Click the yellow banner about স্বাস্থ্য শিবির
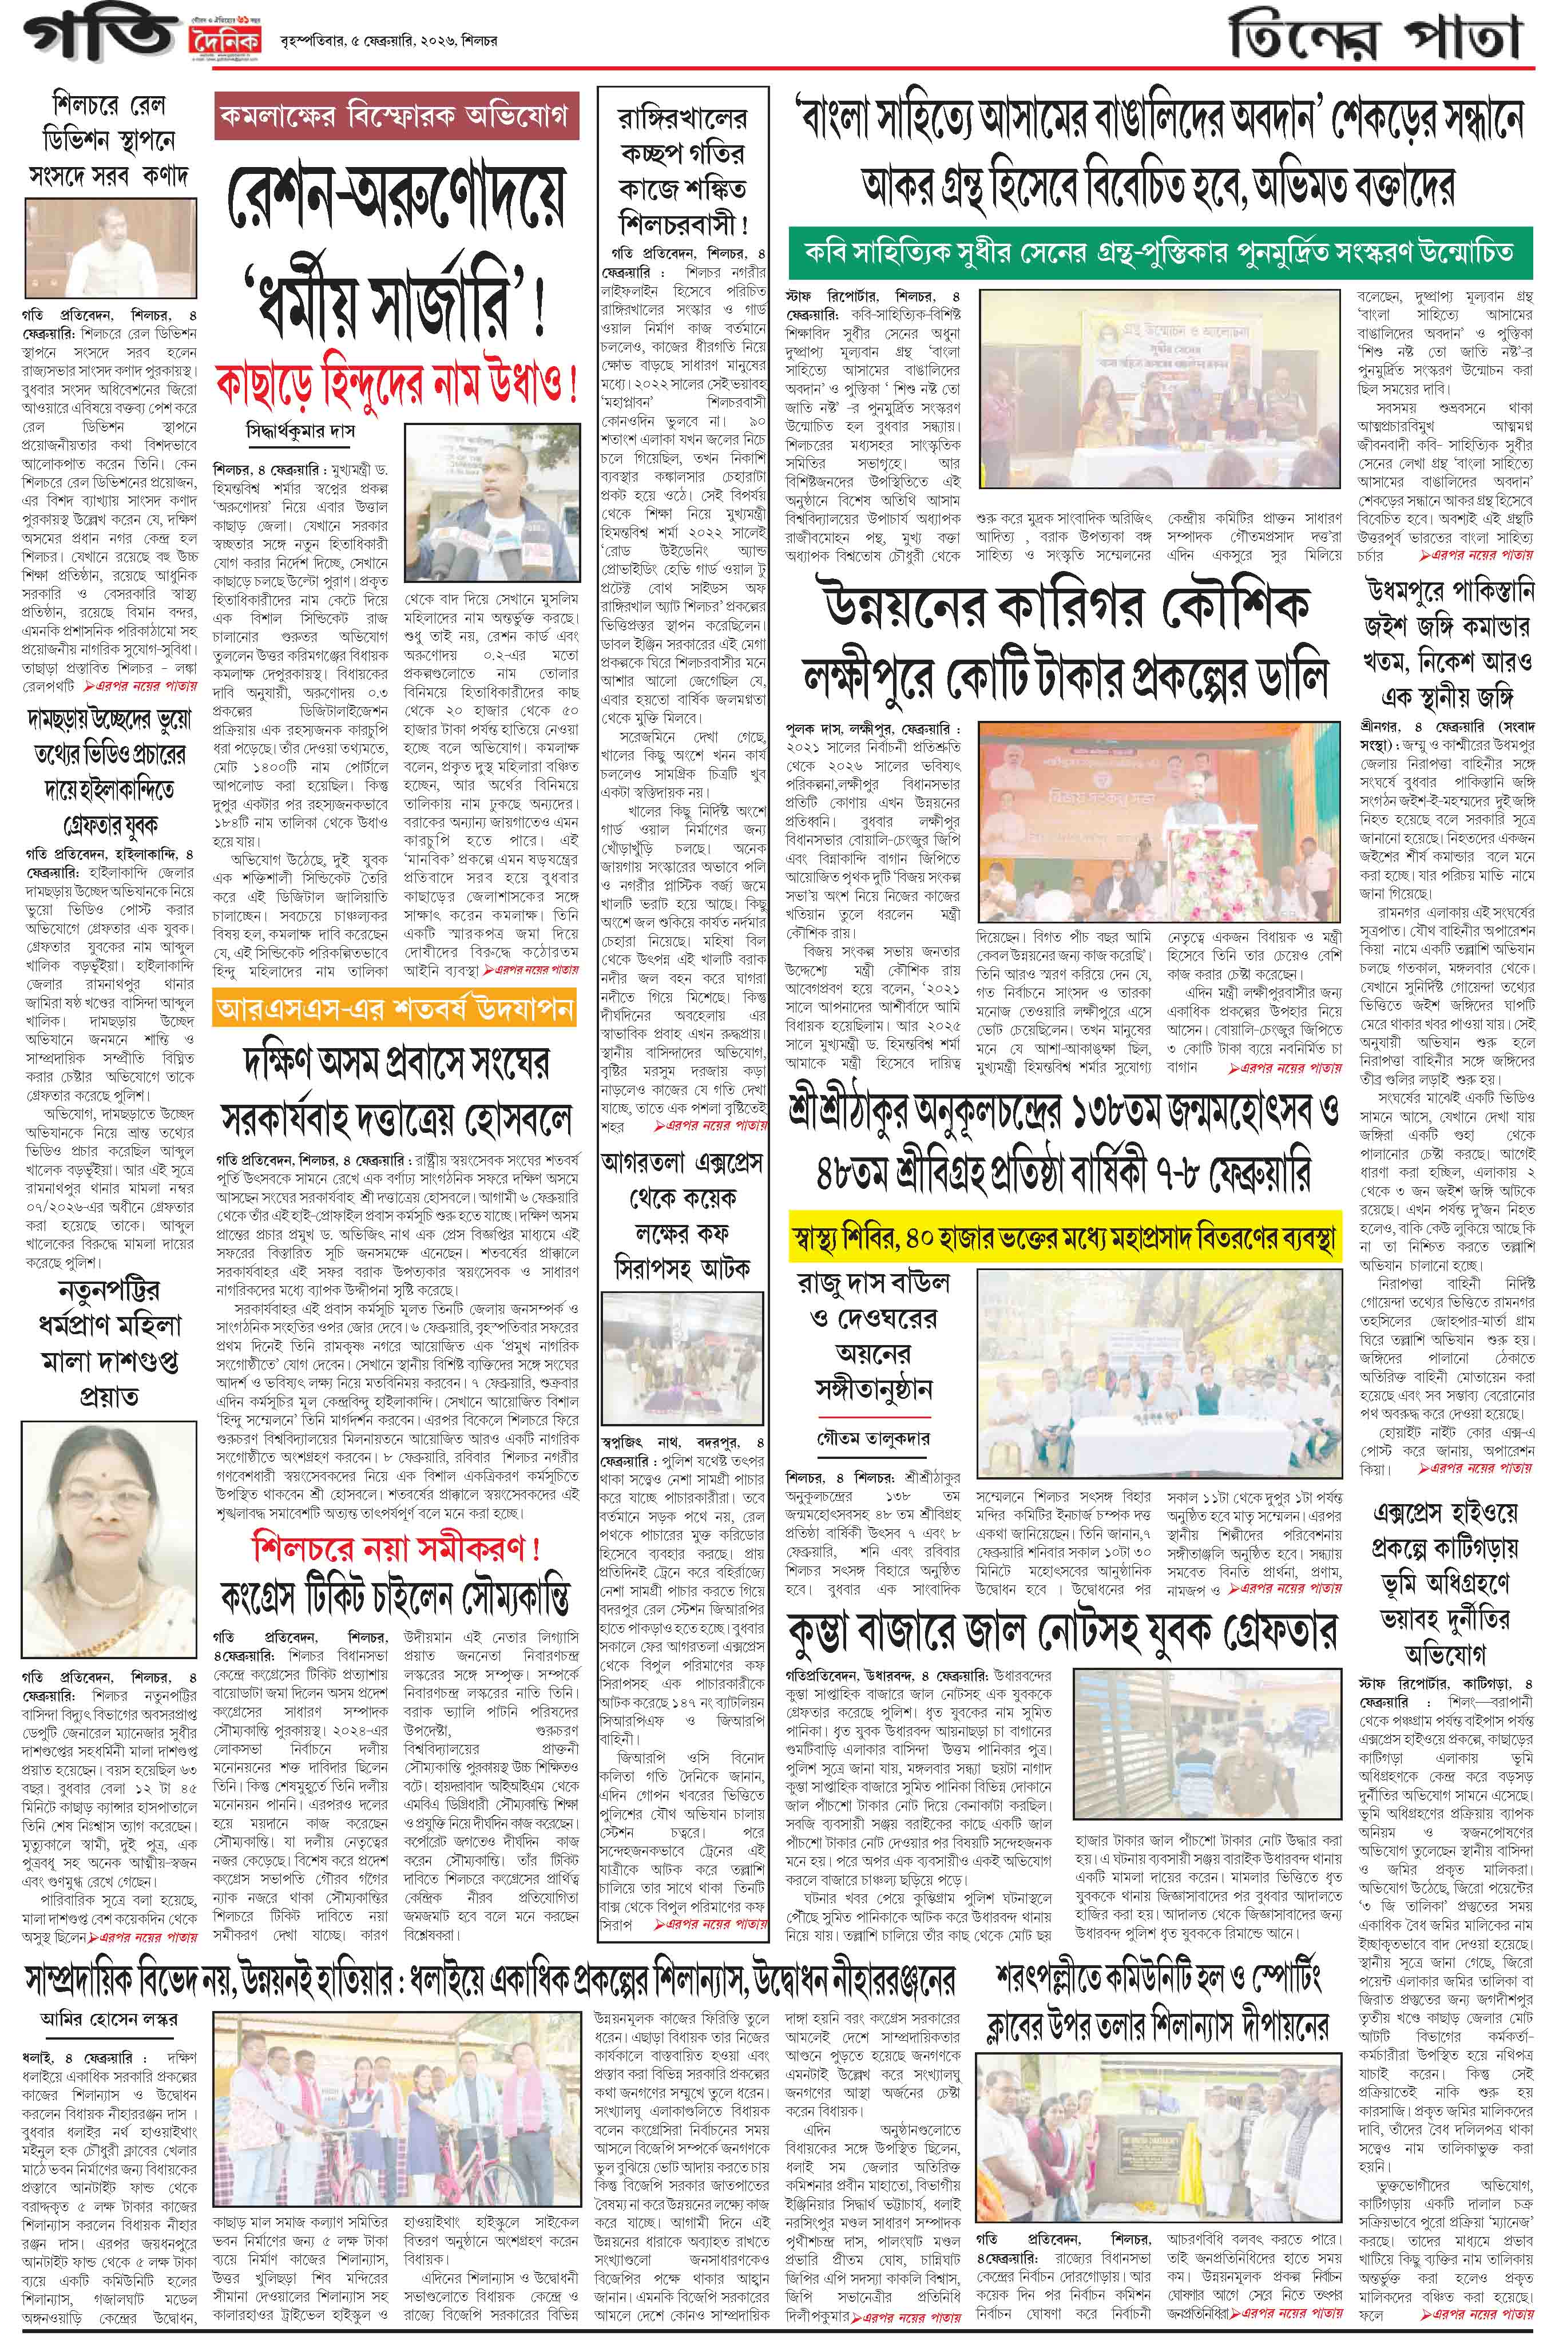[1062, 1239]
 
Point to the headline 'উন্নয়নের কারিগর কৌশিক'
[1062, 606]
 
